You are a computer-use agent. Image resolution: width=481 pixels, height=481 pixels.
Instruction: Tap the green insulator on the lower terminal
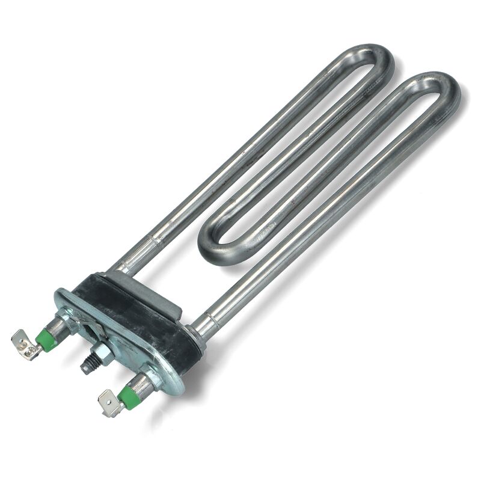pos(126,394)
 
